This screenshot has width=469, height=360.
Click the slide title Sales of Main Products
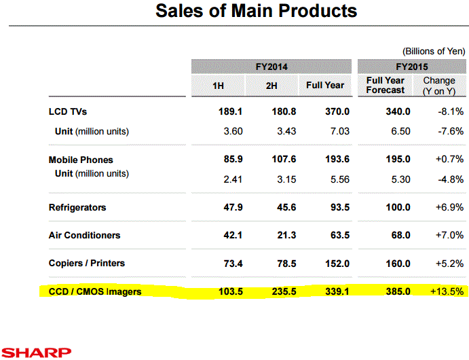point(256,12)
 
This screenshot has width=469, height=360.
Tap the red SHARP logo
point(36,352)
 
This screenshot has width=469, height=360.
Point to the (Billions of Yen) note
point(434,51)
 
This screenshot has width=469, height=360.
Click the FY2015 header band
point(412,67)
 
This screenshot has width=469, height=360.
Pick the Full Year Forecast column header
point(385,85)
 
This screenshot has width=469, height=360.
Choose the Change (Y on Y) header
point(439,85)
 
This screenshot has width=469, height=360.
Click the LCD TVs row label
point(68,111)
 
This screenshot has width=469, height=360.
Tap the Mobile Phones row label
point(81,160)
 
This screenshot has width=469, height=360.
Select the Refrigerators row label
point(77,207)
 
